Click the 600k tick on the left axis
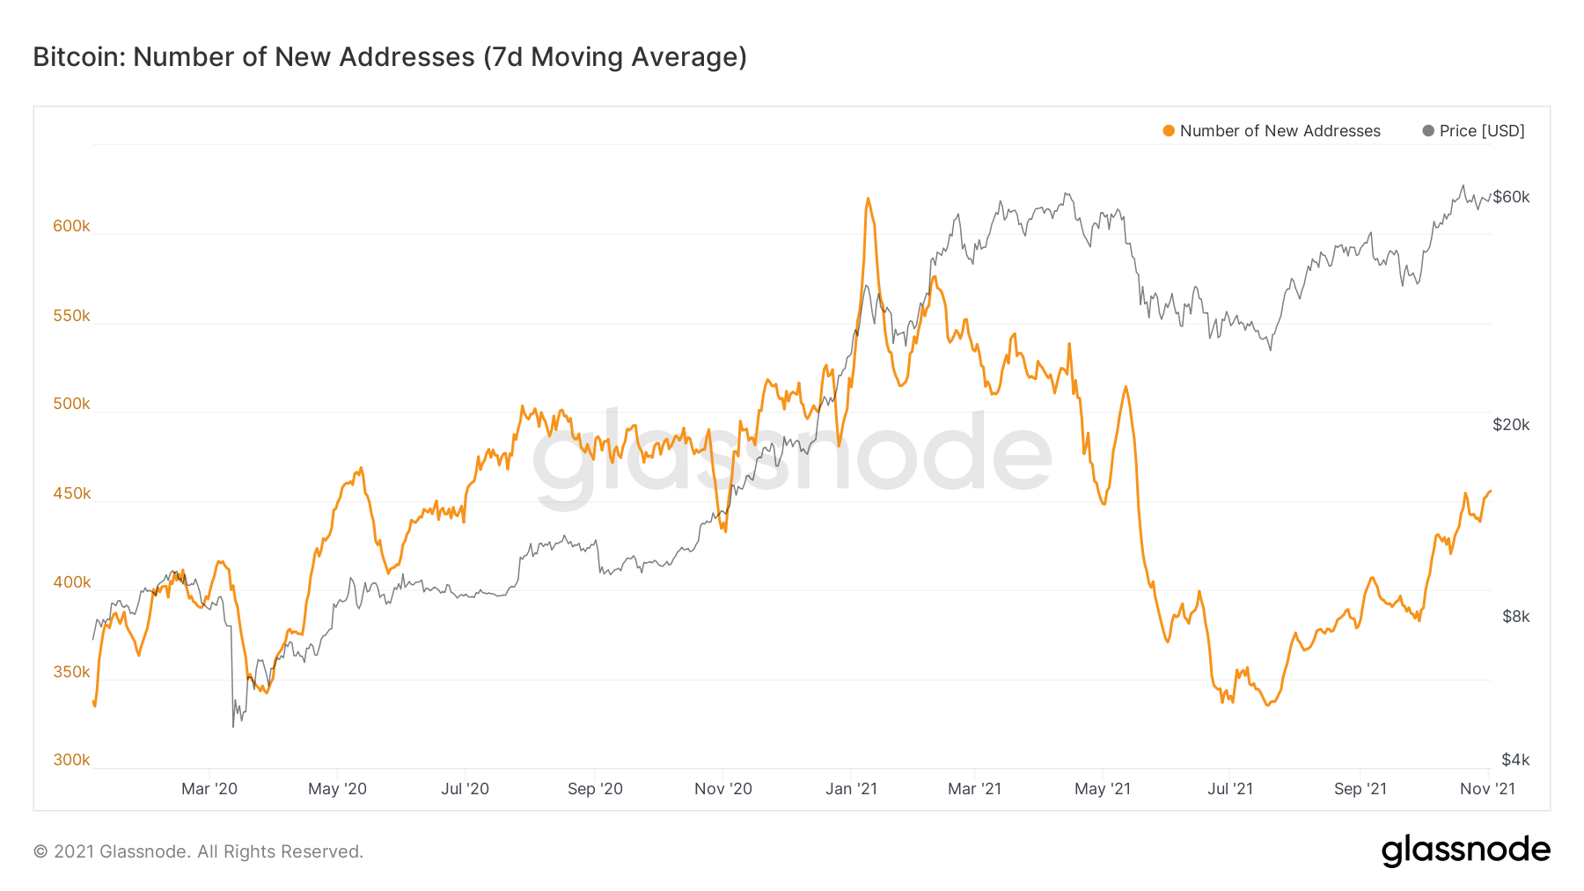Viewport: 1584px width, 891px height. pyautogui.click(x=71, y=226)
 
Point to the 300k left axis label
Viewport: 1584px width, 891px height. pyautogui.click(x=71, y=760)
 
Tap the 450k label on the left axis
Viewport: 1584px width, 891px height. pyautogui.click(x=71, y=493)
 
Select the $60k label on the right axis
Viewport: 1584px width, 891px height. pyautogui.click(x=1511, y=197)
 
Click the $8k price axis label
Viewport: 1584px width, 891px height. pyautogui.click(x=1515, y=617)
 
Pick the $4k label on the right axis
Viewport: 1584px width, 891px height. pyautogui.click(x=1515, y=760)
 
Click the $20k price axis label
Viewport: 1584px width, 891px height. pyautogui.click(x=1511, y=425)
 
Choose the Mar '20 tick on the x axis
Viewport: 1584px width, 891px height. pyautogui.click(x=209, y=789)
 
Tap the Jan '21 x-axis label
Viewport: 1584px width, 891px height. pyautogui.click(x=851, y=789)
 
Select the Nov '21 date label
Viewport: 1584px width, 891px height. pyautogui.click(x=1487, y=789)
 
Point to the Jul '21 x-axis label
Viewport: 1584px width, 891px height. pyautogui.click(x=1230, y=789)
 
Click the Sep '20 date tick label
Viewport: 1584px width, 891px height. pyautogui.click(x=595, y=789)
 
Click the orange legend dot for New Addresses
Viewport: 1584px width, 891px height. pyautogui.click(x=1169, y=131)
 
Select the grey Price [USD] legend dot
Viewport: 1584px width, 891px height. pyautogui.click(x=1428, y=131)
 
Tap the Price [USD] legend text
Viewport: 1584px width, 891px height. pyautogui.click(x=1482, y=131)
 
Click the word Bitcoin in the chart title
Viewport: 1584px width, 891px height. pyautogui.click(x=78, y=57)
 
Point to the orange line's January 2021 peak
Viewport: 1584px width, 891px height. pyautogui.click(x=868, y=199)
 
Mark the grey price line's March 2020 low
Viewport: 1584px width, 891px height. pyautogui.click(x=233, y=727)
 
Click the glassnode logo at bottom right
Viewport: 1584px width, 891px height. pyautogui.click(x=1465, y=851)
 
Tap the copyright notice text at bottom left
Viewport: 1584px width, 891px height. pyautogui.click(x=198, y=851)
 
